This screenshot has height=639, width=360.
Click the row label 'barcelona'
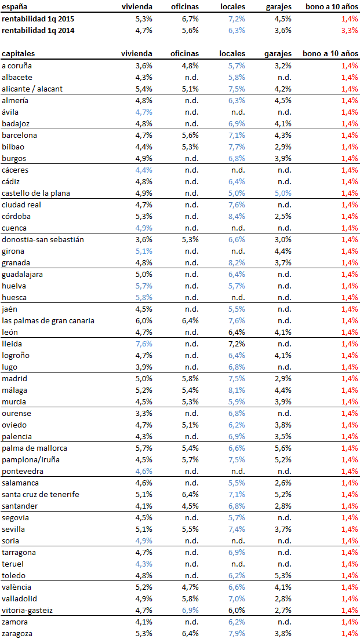click(x=19, y=135)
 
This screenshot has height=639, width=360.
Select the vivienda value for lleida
click(x=143, y=344)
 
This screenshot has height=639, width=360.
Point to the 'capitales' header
click(x=18, y=53)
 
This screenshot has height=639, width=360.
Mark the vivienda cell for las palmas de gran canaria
click(x=143, y=320)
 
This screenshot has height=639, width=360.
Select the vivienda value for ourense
click(x=143, y=413)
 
